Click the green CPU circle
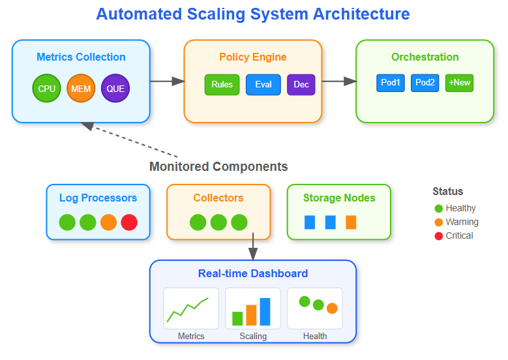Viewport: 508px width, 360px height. point(47,88)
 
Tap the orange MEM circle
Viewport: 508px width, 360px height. point(81,88)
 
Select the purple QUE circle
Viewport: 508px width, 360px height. point(115,88)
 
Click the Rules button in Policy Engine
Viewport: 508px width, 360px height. point(222,85)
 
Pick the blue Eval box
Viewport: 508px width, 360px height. point(263,85)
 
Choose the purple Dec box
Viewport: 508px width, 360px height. point(301,85)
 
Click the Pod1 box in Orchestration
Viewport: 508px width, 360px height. point(391,83)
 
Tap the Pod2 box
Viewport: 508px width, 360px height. point(425,83)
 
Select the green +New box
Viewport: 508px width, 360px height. point(459,83)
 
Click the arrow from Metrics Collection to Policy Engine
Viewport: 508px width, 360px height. point(168,82)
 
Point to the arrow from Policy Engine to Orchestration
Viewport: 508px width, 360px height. point(339,82)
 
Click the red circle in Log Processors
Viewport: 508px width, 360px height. point(129,222)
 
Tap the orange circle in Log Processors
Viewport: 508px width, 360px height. point(108,222)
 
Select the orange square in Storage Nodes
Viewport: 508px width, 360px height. point(351,222)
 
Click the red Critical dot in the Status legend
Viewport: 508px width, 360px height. point(439,236)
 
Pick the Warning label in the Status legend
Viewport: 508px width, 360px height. point(462,222)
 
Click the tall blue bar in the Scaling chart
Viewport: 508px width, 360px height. point(265,312)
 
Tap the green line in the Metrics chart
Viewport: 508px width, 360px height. point(188,309)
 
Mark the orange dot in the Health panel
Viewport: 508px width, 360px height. point(332,308)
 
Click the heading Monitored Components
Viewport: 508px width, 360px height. point(218,166)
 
